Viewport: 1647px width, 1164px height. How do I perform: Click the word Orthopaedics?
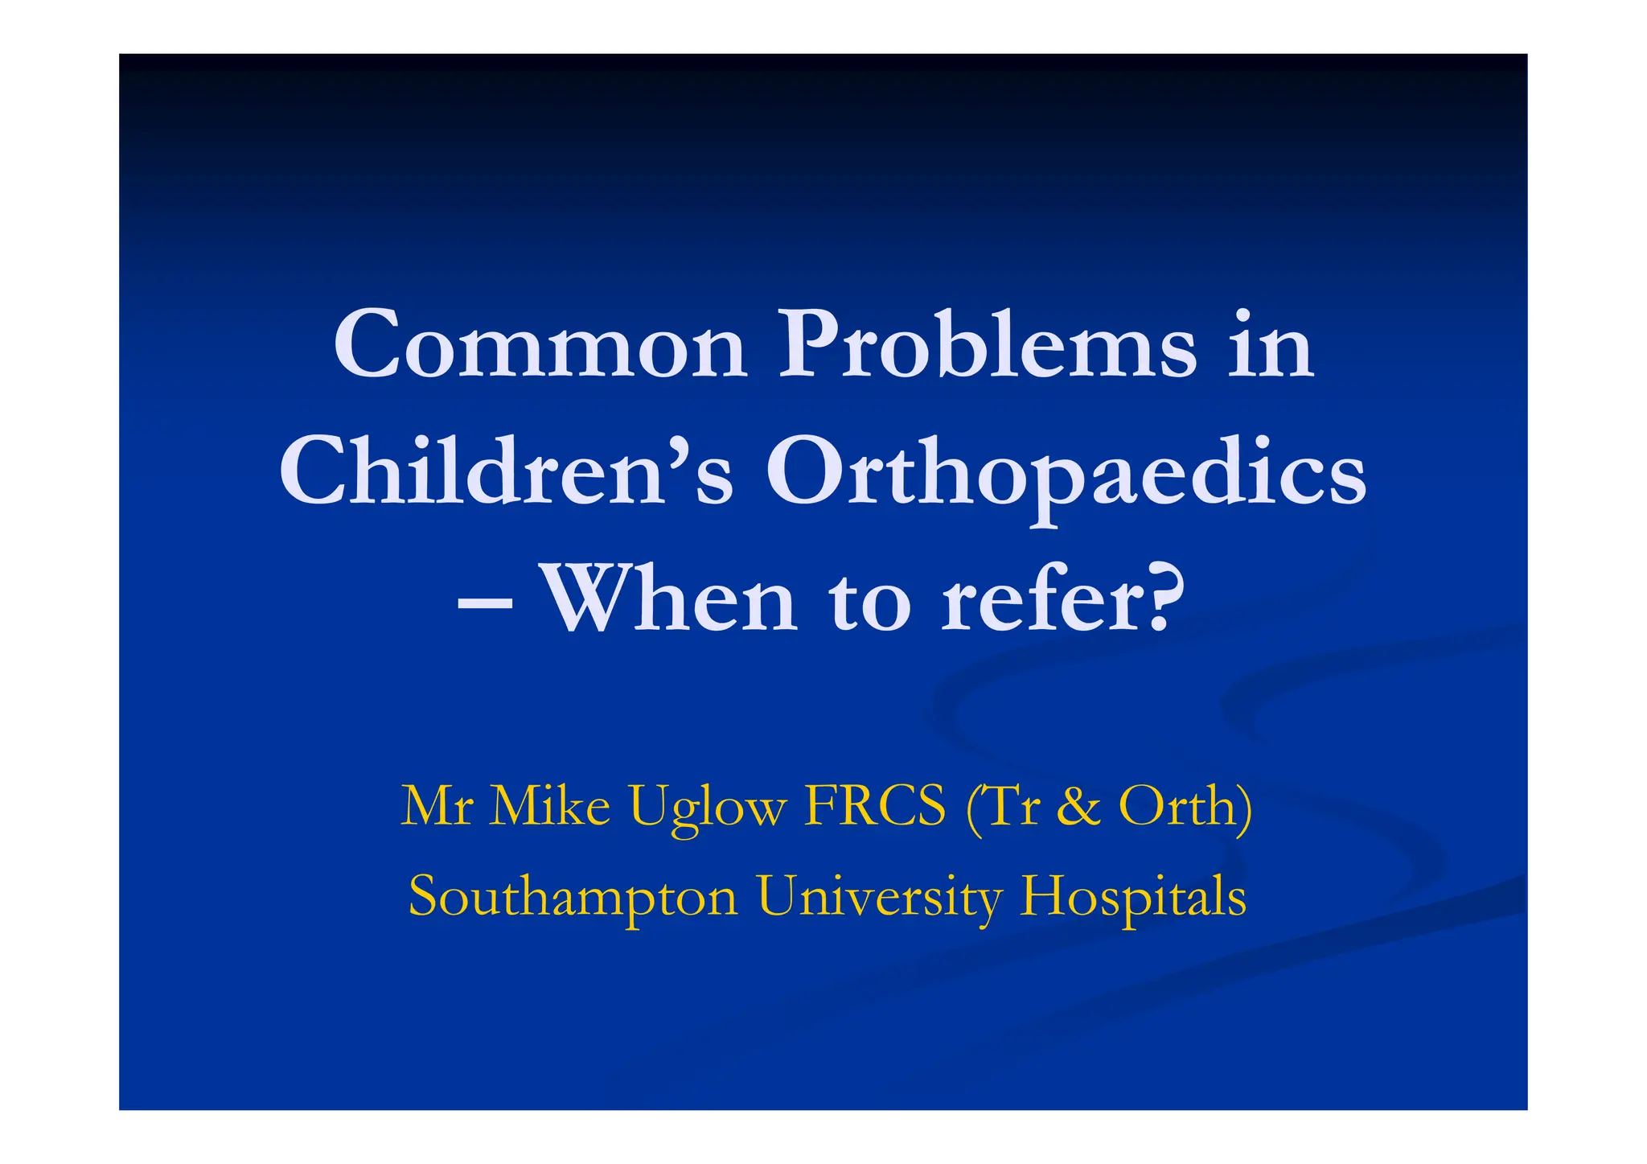click(x=1066, y=475)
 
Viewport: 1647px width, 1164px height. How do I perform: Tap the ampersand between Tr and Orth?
click(x=1078, y=806)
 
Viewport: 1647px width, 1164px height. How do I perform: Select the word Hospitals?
click(x=1133, y=897)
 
